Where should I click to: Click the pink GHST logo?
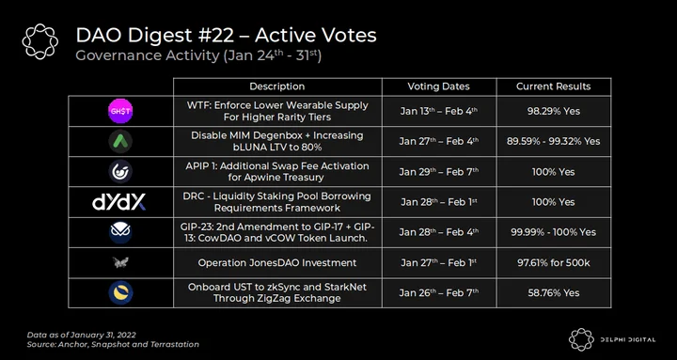click(120, 111)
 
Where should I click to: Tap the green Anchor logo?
click(120, 142)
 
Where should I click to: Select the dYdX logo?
click(119, 202)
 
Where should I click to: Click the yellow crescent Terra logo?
click(120, 292)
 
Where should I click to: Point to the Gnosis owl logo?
click(120, 232)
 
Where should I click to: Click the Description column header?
click(277, 86)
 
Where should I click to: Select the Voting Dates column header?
click(439, 86)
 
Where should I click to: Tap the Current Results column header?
click(554, 86)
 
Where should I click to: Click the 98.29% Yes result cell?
click(554, 111)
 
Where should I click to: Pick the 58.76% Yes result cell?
click(554, 292)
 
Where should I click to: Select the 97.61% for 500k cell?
click(554, 262)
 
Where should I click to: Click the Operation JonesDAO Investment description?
click(277, 262)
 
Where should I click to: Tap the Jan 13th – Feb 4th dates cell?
click(439, 111)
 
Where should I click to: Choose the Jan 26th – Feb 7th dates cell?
click(439, 292)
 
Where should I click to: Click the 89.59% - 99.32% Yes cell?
click(554, 142)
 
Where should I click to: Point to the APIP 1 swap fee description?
click(277, 172)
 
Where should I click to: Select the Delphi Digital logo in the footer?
click(612, 339)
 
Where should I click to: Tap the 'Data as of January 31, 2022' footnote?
click(82, 335)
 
